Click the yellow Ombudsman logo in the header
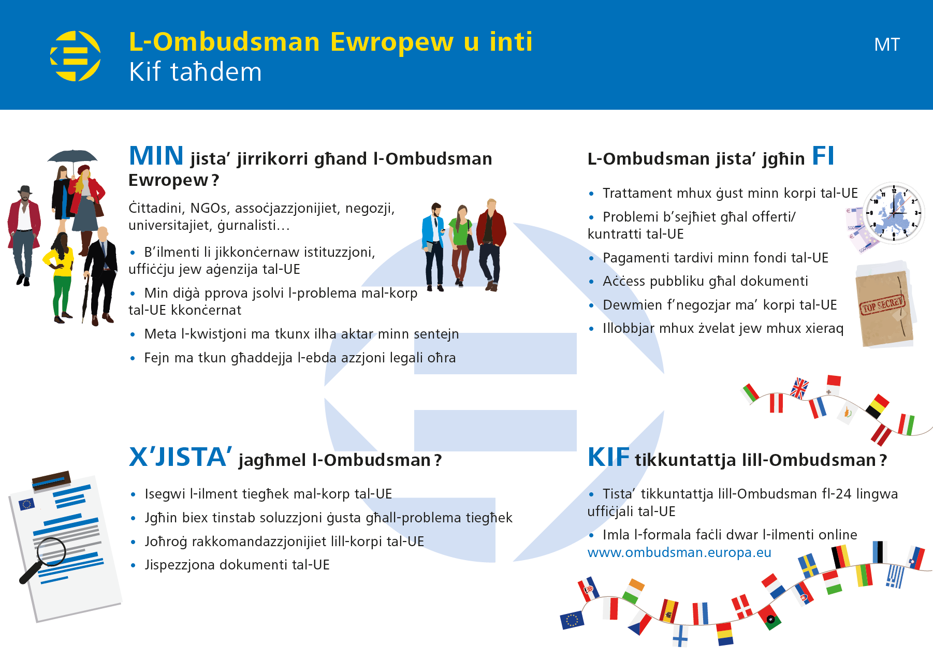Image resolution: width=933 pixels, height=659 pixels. click(76, 56)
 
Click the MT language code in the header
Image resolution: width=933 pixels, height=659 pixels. click(887, 45)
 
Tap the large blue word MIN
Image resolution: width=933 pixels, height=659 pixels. click(156, 156)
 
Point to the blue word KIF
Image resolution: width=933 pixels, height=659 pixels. click(609, 458)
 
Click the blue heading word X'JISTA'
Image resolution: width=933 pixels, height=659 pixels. click(180, 457)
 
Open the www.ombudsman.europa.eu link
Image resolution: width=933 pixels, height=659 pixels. click(679, 552)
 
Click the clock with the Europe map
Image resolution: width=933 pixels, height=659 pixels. click(894, 212)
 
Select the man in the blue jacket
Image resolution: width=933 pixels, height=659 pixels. click(434, 246)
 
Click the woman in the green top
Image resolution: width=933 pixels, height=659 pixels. click(460, 246)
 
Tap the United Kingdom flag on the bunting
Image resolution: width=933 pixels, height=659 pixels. click(800, 388)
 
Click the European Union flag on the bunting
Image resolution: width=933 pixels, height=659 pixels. click(572, 620)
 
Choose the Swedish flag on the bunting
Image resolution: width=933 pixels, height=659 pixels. click(808, 565)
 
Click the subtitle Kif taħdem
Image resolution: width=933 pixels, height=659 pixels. click(195, 72)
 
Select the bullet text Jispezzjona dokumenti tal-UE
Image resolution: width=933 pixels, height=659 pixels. click(237, 565)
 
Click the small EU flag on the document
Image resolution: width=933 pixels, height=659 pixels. click(26, 504)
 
